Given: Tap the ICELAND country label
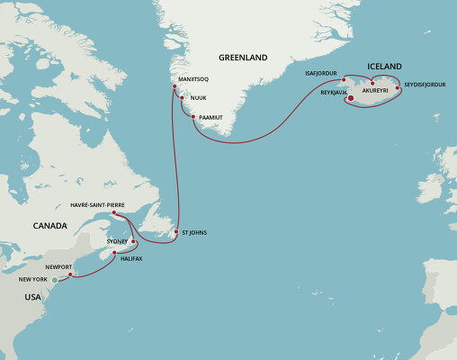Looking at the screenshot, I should tap(383, 66).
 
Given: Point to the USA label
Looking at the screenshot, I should tap(32, 296).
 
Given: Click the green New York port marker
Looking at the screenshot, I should tap(54, 281).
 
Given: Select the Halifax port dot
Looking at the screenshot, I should tap(114, 253).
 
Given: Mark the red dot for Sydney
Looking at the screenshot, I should tap(134, 240).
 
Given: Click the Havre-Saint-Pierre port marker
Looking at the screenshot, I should tap(114, 213).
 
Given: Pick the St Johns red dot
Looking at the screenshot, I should tap(175, 232).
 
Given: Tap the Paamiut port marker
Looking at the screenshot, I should tap(193, 117).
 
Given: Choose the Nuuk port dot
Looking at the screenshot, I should tap(183, 97).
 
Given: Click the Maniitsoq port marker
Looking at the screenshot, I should tap(176, 85).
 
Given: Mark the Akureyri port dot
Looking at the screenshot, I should tap(372, 84).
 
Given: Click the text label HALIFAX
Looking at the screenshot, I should tap(131, 259).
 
